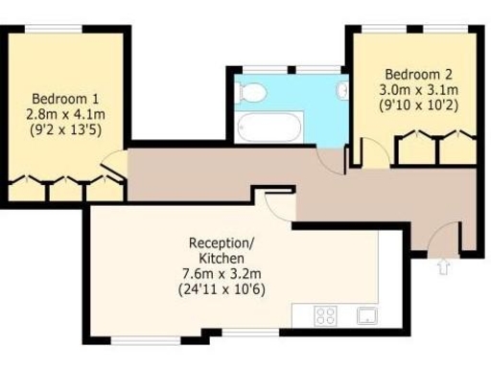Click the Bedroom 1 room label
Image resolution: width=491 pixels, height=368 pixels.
click(65, 98)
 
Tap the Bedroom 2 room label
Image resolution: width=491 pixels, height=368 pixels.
click(417, 74)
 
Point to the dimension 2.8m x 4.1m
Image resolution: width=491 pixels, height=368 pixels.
click(65, 113)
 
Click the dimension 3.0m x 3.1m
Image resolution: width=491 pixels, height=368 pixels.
click(417, 89)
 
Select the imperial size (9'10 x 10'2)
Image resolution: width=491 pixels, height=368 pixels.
click(417, 104)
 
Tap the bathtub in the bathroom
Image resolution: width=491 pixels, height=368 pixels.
click(269, 126)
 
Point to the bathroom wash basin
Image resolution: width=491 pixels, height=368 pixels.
click(341, 91)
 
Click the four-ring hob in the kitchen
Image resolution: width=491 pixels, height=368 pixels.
click(326, 314)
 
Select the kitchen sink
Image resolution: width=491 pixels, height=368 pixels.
click(366, 314)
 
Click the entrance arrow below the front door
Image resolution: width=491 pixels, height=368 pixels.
click(443, 265)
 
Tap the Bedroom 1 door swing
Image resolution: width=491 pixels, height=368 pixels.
click(113, 165)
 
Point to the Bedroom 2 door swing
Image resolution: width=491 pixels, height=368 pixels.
click(373, 151)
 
